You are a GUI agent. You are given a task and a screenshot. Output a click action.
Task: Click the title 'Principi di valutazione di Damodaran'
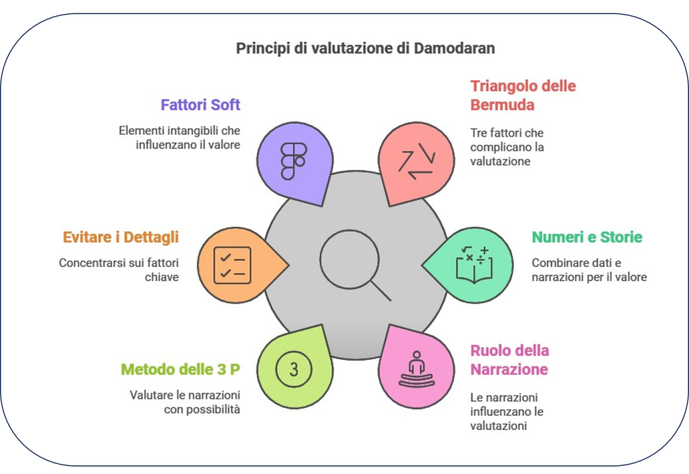coord(365,49)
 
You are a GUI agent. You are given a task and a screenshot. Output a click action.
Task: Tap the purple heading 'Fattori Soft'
coord(201,105)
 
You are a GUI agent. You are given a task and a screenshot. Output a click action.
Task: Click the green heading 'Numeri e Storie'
coord(587,237)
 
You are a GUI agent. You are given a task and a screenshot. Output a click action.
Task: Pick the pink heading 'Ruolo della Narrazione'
coord(509,360)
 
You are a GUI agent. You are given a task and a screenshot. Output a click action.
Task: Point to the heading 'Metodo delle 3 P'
coord(180,369)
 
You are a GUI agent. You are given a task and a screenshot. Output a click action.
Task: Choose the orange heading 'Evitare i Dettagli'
coord(120,237)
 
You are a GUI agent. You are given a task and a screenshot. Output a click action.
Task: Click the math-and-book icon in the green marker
coord(473,264)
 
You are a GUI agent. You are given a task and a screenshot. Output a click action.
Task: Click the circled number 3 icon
coord(294,368)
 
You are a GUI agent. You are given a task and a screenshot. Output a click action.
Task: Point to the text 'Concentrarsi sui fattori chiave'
coord(119,269)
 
